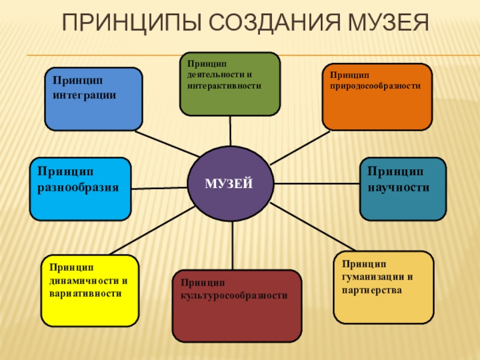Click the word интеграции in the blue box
(84, 95)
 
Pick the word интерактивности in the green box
(223, 86)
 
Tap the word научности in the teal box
(398, 187)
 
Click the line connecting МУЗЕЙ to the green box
(230, 131)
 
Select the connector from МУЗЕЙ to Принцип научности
(317, 183)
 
